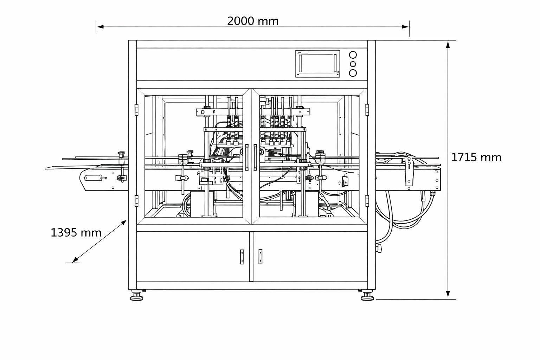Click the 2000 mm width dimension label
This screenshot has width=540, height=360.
pyautogui.click(x=253, y=21)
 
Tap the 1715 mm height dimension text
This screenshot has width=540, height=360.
pyautogui.click(x=476, y=157)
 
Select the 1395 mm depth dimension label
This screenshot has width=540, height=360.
pyautogui.click(x=76, y=233)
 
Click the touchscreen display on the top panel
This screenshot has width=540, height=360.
pyautogui.click(x=317, y=64)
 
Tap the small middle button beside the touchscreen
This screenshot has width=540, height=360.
pyautogui.click(x=353, y=64)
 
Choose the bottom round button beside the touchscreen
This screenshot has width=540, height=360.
pyautogui.click(x=353, y=73)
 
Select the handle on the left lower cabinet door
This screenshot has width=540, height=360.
pyautogui.click(x=242, y=257)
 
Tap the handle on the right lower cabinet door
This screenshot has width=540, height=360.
pyautogui.click(x=260, y=257)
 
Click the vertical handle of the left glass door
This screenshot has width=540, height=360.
pyautogui.click(x=247, y=157)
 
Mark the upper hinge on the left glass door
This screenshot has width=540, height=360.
pyautogui.click(x=136, y=109)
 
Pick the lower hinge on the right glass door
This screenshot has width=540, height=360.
pyautogui.click(x=367, y=201)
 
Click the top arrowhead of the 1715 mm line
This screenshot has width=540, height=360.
pyautogui.click(x=448, y=44)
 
